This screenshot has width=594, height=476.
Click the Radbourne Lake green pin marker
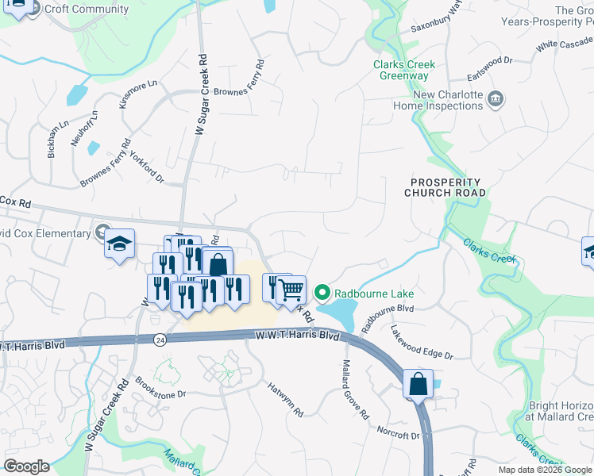[322, 294]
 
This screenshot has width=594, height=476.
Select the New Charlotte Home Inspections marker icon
[496, 100]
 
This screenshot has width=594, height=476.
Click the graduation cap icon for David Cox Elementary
[119, 243]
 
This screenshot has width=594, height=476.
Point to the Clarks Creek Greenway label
[402, 71]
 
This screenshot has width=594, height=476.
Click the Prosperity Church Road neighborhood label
[444, 187]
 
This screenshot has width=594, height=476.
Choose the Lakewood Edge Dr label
[420, 342]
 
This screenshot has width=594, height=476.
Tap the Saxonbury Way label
[435, 17]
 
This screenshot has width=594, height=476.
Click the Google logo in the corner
[26, 466]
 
